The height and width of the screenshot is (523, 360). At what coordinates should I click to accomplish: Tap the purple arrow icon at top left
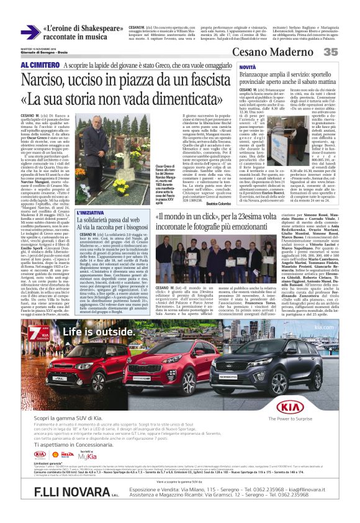[x=30, y=33]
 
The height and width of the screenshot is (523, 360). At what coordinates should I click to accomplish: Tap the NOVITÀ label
[x=230, y=66]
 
